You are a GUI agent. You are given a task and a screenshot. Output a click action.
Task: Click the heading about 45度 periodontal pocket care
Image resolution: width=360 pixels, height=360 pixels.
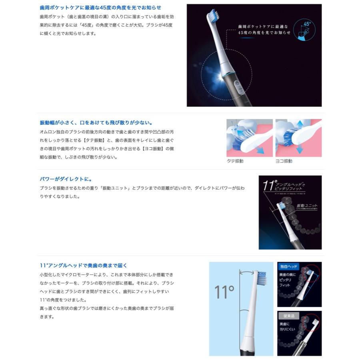click(x=100, y=8)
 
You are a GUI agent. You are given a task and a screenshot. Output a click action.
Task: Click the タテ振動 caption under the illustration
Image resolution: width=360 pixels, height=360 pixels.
click(x=235, y=161)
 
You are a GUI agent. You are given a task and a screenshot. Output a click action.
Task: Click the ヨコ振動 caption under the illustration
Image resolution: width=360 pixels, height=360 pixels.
click(x=284, y=161)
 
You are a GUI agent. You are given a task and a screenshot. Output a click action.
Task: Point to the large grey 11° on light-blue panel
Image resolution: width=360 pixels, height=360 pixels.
click(x=224, y=292)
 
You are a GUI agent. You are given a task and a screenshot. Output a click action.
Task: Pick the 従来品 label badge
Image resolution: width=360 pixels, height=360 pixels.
click(x=289, y=316)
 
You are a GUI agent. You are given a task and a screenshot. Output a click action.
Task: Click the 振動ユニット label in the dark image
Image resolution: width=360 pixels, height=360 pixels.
click(x=304, y=205)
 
